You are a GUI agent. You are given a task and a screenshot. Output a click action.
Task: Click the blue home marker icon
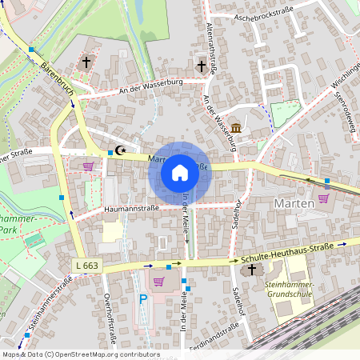click(179, 173)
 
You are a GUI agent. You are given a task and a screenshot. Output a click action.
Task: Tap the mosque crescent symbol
click(122, 150)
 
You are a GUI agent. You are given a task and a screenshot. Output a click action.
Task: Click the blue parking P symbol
click(144, 299)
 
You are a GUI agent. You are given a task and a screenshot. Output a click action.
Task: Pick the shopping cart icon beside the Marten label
click(324, 198)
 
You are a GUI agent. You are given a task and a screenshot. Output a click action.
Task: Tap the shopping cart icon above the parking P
click(158, 281)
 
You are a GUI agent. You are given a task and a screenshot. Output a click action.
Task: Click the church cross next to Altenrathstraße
click(202, 66)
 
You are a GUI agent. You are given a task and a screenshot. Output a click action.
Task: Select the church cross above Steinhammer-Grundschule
click(252, 270)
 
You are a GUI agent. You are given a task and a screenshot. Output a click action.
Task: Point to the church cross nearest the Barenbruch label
click(86, 62)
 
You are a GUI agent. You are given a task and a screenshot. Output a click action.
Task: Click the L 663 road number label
click(90, 265)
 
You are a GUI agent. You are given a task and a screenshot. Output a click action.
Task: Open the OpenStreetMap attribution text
click(80, 354)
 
